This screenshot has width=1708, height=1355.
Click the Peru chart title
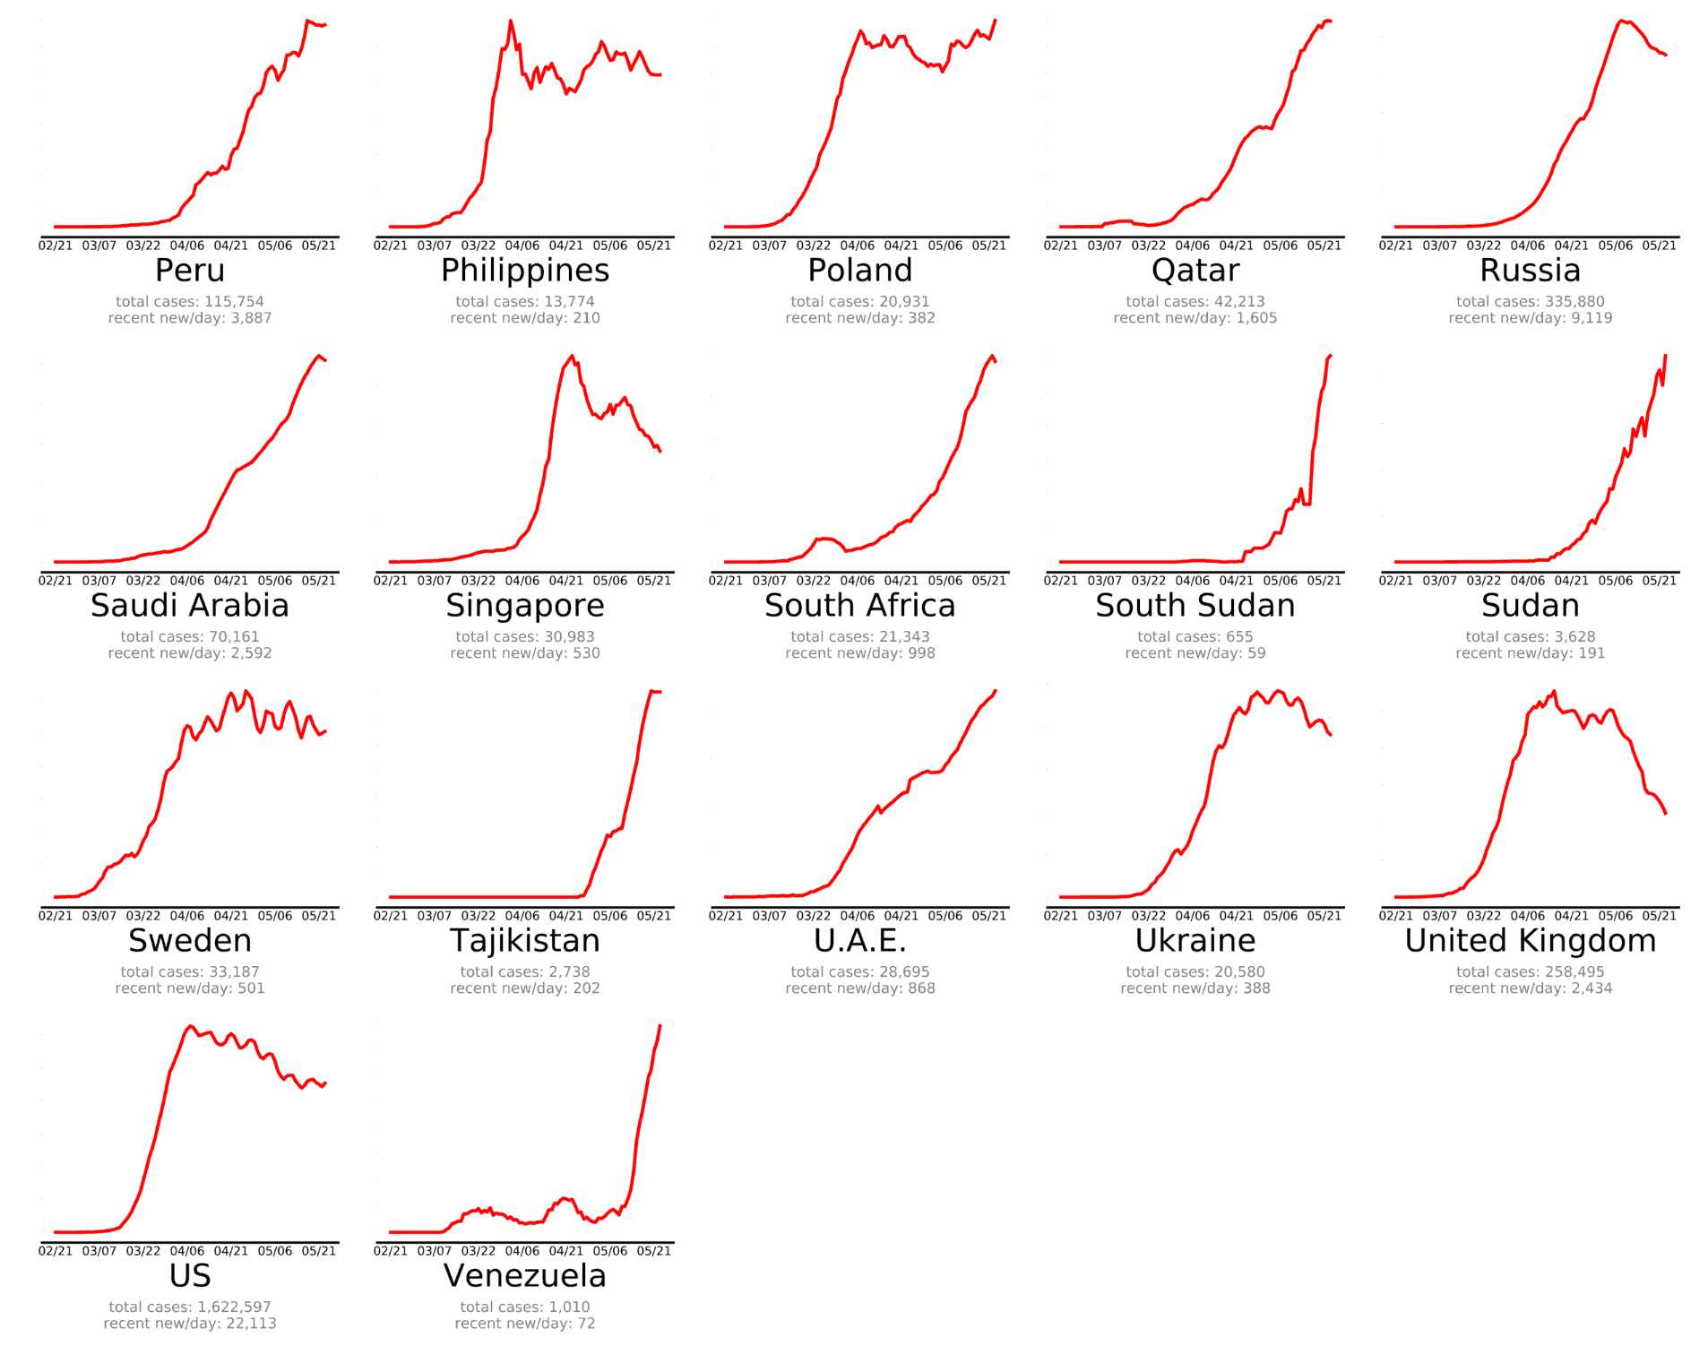[x=189, y=271]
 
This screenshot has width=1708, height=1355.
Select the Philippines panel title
[x=524, y=271]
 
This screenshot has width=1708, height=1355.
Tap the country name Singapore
[x=524, y=606]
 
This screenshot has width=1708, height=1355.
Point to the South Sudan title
[x=1195, y=606]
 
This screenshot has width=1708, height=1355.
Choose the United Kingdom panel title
[x=1530, y=941]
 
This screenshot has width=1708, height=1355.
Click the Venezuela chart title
[x=524, y=1276]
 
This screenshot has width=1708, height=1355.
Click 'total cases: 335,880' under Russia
[x=1530, y=302]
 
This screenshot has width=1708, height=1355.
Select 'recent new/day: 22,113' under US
[x=189, y=1324]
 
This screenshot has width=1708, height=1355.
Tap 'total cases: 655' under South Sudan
[x=1195, y=637]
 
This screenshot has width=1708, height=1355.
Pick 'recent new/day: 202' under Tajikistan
[x=524, y=988]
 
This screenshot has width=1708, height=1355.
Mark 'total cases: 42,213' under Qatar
[x=1195, y=302]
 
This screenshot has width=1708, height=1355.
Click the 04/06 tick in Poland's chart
[x=857, y=246]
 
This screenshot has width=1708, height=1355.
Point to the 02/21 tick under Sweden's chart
[x=55, y=916]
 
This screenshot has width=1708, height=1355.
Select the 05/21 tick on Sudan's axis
[x=1659, y=581]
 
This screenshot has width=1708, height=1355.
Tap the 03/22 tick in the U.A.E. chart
[x=813, y=916]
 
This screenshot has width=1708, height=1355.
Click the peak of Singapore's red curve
[x=572, y=357]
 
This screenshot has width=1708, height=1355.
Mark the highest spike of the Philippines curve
[x=510, y=21]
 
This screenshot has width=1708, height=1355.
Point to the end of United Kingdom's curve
[x=1665, y=813]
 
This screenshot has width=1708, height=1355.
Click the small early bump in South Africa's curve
[x=824, y=539]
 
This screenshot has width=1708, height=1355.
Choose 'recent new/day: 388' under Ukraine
[x=1195, y=988]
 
